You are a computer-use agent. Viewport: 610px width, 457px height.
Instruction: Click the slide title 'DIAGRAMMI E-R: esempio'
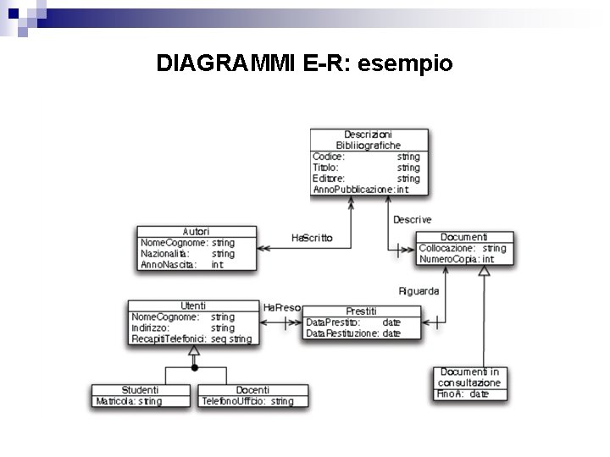[x=305, y=63]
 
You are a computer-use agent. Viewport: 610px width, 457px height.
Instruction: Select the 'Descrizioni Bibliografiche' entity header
[x=369, y=140]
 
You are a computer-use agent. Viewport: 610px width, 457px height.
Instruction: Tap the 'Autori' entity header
[x=197, y=231]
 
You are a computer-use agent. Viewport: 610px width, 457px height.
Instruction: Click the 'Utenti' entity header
[x=193, y=306]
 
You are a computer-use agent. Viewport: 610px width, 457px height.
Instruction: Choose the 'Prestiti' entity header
[x=361, y=311]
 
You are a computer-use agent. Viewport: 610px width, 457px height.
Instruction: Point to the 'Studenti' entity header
[x=140, y=389]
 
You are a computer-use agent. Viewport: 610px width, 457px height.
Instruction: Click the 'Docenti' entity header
[x=252, y=389]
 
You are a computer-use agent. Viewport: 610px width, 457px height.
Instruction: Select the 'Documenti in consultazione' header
[x=469, y=377]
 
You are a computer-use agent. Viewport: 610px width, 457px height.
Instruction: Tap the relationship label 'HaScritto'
[x=312, y=238]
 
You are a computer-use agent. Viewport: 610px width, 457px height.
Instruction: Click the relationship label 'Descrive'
[x=412, y=220]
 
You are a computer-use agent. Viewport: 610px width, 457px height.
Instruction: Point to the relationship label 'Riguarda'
[x=419, y=291]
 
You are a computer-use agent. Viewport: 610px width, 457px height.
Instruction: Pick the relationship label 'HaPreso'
[x=281, y=307]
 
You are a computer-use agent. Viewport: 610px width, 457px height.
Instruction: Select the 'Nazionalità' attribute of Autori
[x=165, y=253]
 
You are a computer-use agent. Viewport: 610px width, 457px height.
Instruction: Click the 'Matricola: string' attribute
[x=129, y=401]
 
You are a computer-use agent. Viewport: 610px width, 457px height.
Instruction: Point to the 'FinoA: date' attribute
[x=463, y=394]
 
